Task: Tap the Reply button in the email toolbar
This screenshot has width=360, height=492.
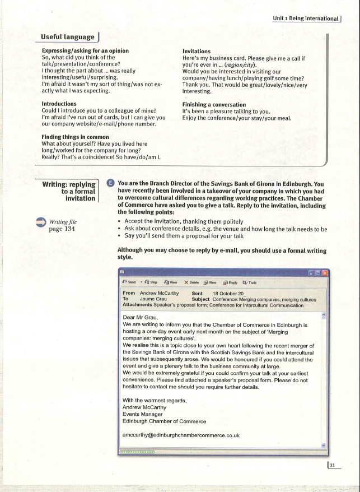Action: coord(231,282)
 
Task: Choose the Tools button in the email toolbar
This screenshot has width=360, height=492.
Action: coord(250,282)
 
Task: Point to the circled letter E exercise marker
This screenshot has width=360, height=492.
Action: coord(110,182)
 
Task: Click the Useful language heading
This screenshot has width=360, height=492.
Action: coord(67,37)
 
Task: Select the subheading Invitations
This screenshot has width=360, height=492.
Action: coord(197,51)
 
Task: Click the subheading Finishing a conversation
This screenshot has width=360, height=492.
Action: coord(214,105)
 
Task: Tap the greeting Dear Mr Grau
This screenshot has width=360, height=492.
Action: coord(141,317)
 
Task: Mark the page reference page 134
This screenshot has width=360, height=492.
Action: coord(62,229)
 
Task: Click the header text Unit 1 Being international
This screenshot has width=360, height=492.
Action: coord(306,18)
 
